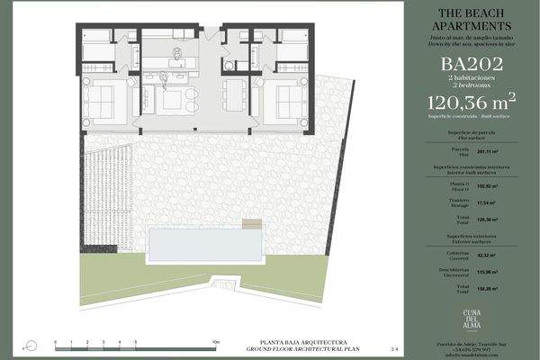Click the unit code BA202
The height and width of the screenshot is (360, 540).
click(x=467, y=65)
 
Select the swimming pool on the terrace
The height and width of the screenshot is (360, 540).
click(x=207, y=241)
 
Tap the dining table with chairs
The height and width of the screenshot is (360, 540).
click(x=233, y=93)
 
